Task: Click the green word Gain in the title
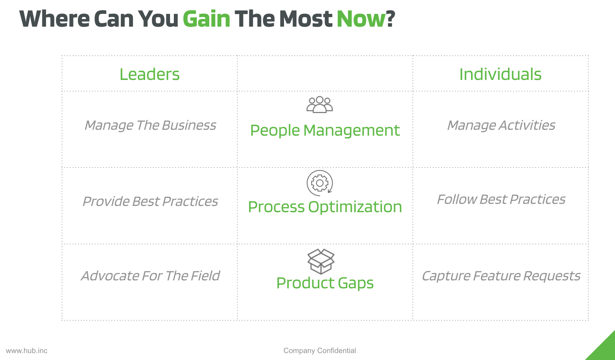[x=206, y=19]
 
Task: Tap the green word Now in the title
[x=361, y=19]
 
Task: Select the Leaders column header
[x=150, y=74]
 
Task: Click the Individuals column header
[x=500, y=74]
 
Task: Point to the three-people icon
[x=320, y=105]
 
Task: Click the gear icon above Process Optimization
[x=320, y=183]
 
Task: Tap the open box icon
[x=321, y=261]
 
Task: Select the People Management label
[x=325, y=130]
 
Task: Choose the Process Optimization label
[x=325, y=207]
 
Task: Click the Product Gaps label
[x=325, y=283]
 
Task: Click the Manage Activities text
[x=501, y=125]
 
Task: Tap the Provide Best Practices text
[x=150, y=201]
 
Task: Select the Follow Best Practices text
[x=501, y=199]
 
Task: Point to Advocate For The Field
[x=150, y=276]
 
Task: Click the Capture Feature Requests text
[x=501, y=276]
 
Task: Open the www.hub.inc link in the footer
[x=27, y=351]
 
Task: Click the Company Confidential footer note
[x=320, y=351]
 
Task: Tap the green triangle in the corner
[x=605, y=350]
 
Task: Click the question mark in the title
[x=391, y=19]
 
